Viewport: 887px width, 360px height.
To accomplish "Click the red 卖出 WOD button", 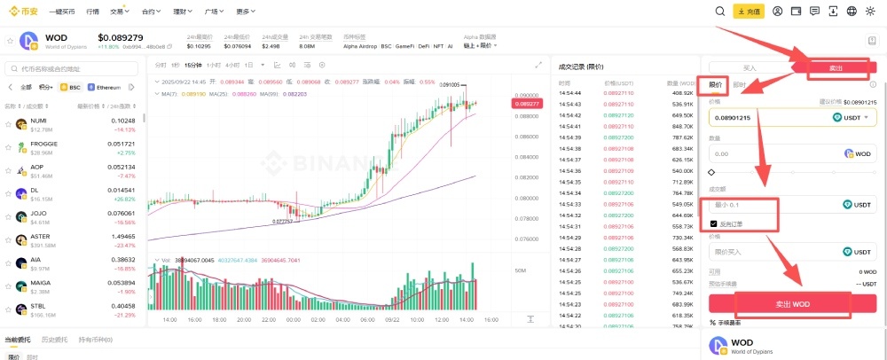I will [792, 303].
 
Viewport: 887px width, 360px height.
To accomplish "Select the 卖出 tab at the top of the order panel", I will [836, 67].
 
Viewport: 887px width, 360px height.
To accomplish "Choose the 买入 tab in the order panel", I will [750, 67].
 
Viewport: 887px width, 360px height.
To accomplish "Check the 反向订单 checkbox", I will [714, 223].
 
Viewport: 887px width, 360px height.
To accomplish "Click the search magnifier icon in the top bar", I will [720, 12].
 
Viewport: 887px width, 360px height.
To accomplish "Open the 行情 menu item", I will [93, 12].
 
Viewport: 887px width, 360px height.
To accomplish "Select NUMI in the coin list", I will [38, 120].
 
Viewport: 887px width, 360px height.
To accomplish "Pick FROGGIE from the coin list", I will [43, 143].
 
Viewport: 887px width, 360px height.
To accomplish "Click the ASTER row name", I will [39, 236].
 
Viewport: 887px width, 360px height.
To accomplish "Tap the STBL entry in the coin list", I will [37, 306].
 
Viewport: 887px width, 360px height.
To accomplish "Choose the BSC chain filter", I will [70, 87].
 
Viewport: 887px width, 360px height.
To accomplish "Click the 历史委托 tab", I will [55, 340].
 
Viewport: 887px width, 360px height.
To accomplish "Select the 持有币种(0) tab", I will [95, 340].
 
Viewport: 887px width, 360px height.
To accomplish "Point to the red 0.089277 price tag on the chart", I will [526, 104].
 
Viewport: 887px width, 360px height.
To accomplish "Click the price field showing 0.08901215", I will [763, 117].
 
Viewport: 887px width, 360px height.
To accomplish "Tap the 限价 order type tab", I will [715, 84].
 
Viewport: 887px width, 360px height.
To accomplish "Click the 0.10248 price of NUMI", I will [122, 120].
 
